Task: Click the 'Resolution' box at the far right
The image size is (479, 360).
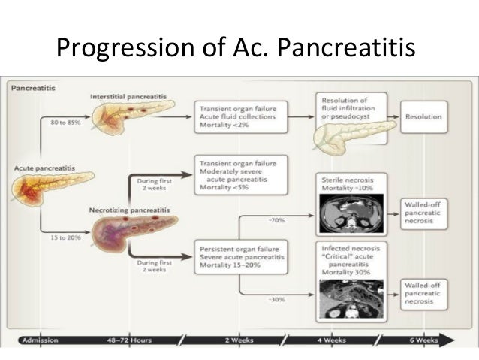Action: click(423, 117)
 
